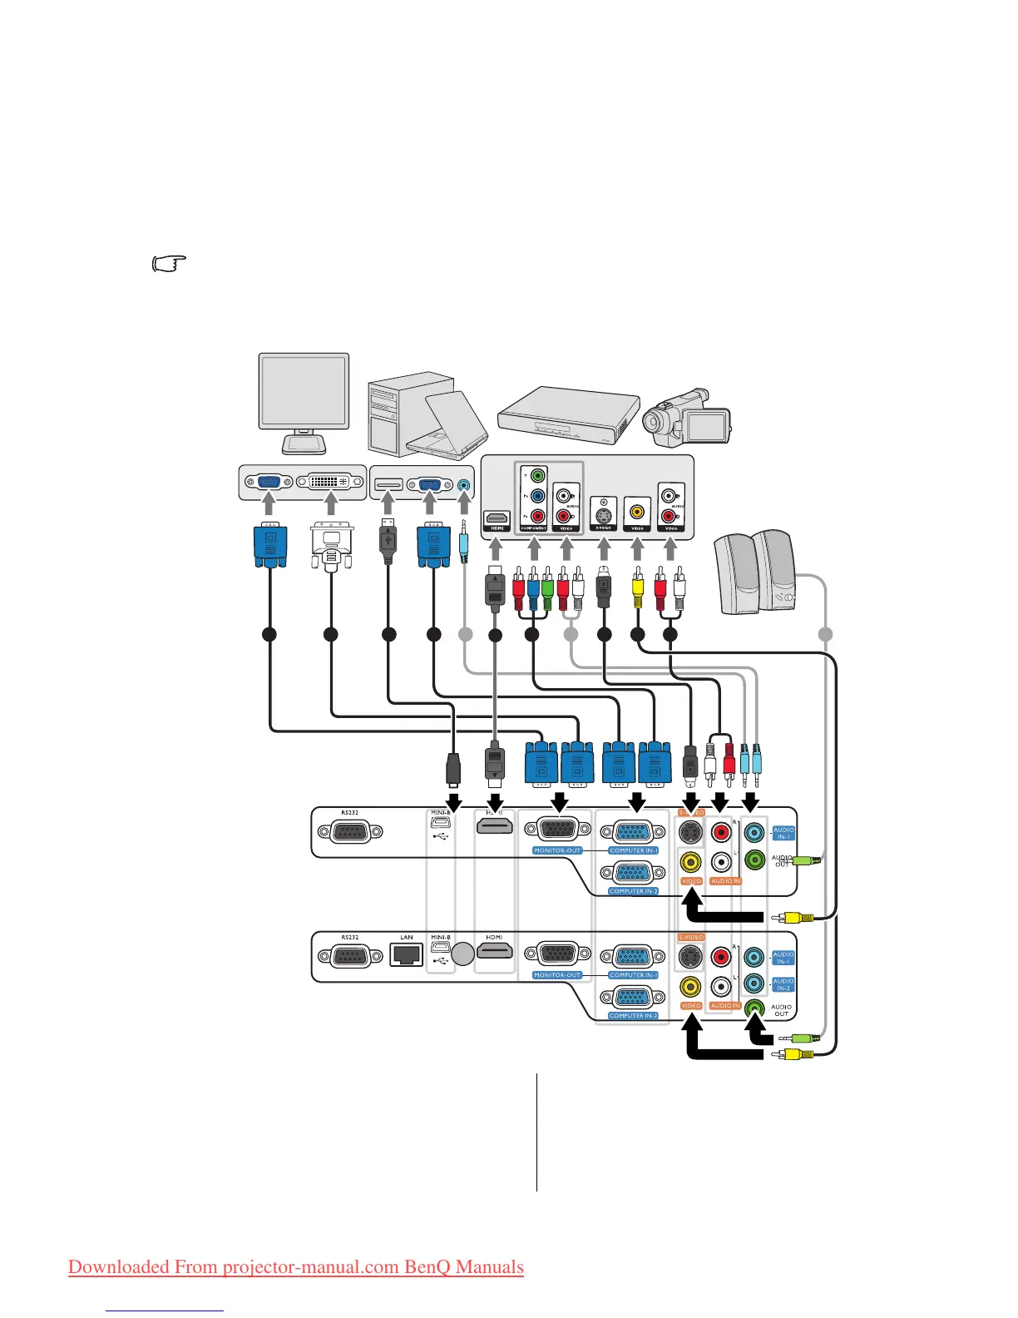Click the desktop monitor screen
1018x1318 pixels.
click(304, 391)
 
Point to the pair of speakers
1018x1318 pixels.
click(754, 572)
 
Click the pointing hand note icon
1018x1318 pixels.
click(169, 265)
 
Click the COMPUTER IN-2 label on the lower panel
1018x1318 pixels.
click(633, 1016)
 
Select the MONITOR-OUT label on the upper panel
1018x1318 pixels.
click(557, 850)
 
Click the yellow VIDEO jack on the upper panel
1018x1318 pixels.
click(690, 862)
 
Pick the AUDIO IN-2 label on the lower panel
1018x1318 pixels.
click(783, 984)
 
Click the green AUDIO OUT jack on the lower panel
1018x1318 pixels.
click(754, 1008)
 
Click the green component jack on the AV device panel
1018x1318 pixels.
click(537, 476)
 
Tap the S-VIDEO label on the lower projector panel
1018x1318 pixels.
click(691, 937)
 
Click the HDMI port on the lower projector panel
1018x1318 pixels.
click(494, 952)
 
